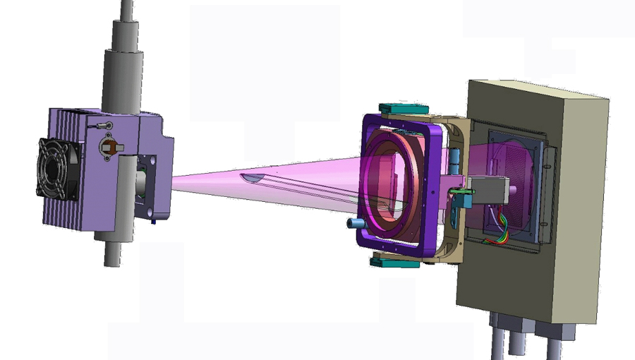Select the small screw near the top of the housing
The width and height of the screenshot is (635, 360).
[107, 125]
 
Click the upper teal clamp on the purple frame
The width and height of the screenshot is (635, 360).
[404, 109]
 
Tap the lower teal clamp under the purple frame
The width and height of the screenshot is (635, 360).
[395, 263]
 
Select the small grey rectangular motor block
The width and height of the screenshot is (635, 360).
[491, 189]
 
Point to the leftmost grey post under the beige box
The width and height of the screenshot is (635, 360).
[497, 339]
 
